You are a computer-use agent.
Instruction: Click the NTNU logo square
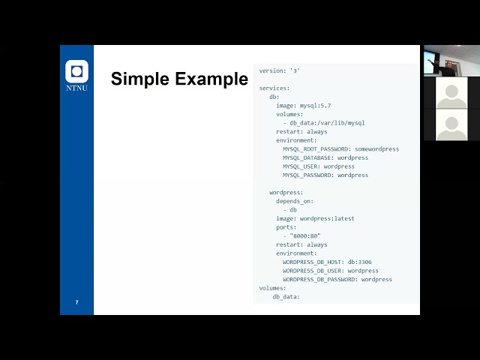(76, 72)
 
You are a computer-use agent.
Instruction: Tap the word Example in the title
(212, 79)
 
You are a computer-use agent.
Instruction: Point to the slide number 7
(76, 302)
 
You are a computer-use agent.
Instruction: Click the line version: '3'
(280, 70)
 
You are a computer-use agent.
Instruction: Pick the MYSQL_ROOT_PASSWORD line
(340, 149)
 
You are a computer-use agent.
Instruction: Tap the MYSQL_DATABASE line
(325, 157)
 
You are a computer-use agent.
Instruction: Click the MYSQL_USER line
(319, 166)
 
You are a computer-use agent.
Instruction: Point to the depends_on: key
(295, 201)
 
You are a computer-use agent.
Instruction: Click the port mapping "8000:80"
(305, 235)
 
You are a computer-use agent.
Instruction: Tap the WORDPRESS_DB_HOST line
(327, 262)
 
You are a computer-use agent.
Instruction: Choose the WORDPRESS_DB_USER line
(331, 271)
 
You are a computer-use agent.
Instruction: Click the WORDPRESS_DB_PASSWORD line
(337, 280)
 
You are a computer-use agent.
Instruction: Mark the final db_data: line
(286, 297)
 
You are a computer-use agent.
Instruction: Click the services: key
(274, 88)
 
